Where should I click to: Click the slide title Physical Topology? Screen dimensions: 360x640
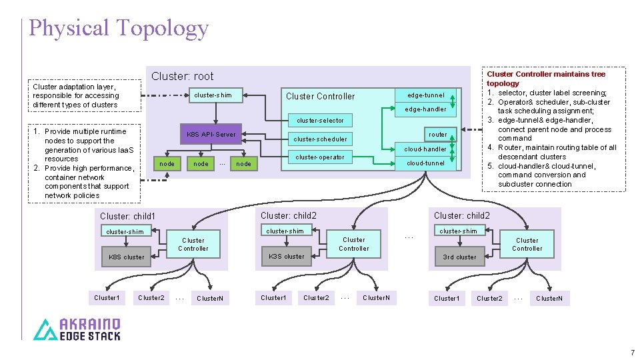tap(119, 28)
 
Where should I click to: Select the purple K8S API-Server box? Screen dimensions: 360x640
tap(211, 134)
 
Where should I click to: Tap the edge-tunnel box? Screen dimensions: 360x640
tap(425, 95)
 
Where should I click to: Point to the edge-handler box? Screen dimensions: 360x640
tap(425, 109)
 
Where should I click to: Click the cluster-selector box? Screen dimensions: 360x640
tap(320, 121)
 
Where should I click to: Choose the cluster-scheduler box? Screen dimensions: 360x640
tap(320, 139)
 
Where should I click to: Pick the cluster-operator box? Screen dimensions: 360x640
tap(320, 157)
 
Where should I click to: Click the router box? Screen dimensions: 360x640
tap(437, 134)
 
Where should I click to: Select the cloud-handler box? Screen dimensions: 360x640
tap(425, 149)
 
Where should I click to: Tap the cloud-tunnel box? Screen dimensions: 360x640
tap(425, 163)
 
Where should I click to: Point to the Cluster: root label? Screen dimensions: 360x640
tap(182, 76)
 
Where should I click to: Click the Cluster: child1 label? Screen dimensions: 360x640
tap(127, 216)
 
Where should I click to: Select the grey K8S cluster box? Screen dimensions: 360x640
tap(126, 257)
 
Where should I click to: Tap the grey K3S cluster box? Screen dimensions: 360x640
tap(286, 256)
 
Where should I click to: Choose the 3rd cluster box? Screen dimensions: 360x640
tap(459, 257)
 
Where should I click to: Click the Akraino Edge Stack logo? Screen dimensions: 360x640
tap(77, 329)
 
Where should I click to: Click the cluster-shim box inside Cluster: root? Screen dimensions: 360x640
tap(213, 95)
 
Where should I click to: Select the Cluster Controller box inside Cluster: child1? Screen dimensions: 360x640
tap(193, 245)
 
